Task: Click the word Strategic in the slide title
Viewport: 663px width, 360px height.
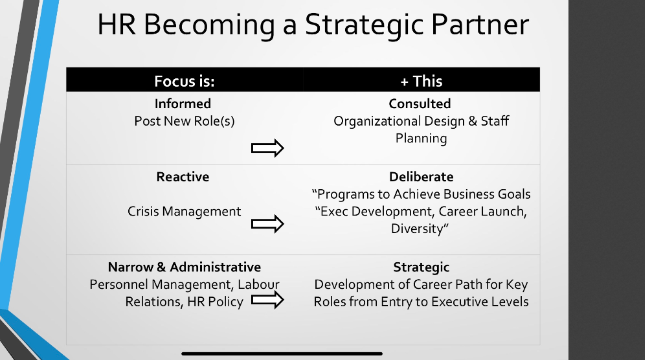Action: click(x=366, y=25)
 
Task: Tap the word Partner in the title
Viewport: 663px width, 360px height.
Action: click(x=482, y=25)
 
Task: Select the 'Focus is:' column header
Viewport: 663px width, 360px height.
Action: click(x=184, y=81)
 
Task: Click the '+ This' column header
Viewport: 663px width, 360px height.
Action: click(x=421, y=81)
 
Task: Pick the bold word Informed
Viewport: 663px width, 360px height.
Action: click(x=183, y=104)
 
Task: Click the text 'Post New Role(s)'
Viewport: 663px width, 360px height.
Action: click(x=184, y=121)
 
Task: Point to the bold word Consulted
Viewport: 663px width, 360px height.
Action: click(x=420, y=104)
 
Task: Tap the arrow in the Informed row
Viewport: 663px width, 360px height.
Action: click(x=267, y=148)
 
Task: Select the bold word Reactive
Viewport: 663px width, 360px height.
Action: click(x=183, y=177)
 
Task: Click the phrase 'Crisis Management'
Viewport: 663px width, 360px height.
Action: click(x=184, y=211)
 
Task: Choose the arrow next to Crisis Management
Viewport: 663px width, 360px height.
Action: click(x=267, y=224)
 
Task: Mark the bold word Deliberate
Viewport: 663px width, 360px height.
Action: click(x=421, y=177)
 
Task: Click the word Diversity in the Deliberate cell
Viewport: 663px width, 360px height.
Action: click(x=418, y=229)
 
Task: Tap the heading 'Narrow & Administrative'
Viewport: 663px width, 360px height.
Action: click(x=184, y=267)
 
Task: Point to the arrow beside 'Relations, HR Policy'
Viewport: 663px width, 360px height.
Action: click(x=267, y=300)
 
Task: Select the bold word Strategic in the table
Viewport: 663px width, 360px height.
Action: click(x=421, y=267)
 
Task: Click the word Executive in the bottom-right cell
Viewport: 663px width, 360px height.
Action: click(x=460, y=302)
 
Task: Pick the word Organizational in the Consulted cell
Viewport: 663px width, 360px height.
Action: click(x=376, y=121)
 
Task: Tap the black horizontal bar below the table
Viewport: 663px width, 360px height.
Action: click(x=282, y=354)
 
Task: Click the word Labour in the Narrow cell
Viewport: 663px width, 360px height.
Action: click(x=258, y=284)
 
